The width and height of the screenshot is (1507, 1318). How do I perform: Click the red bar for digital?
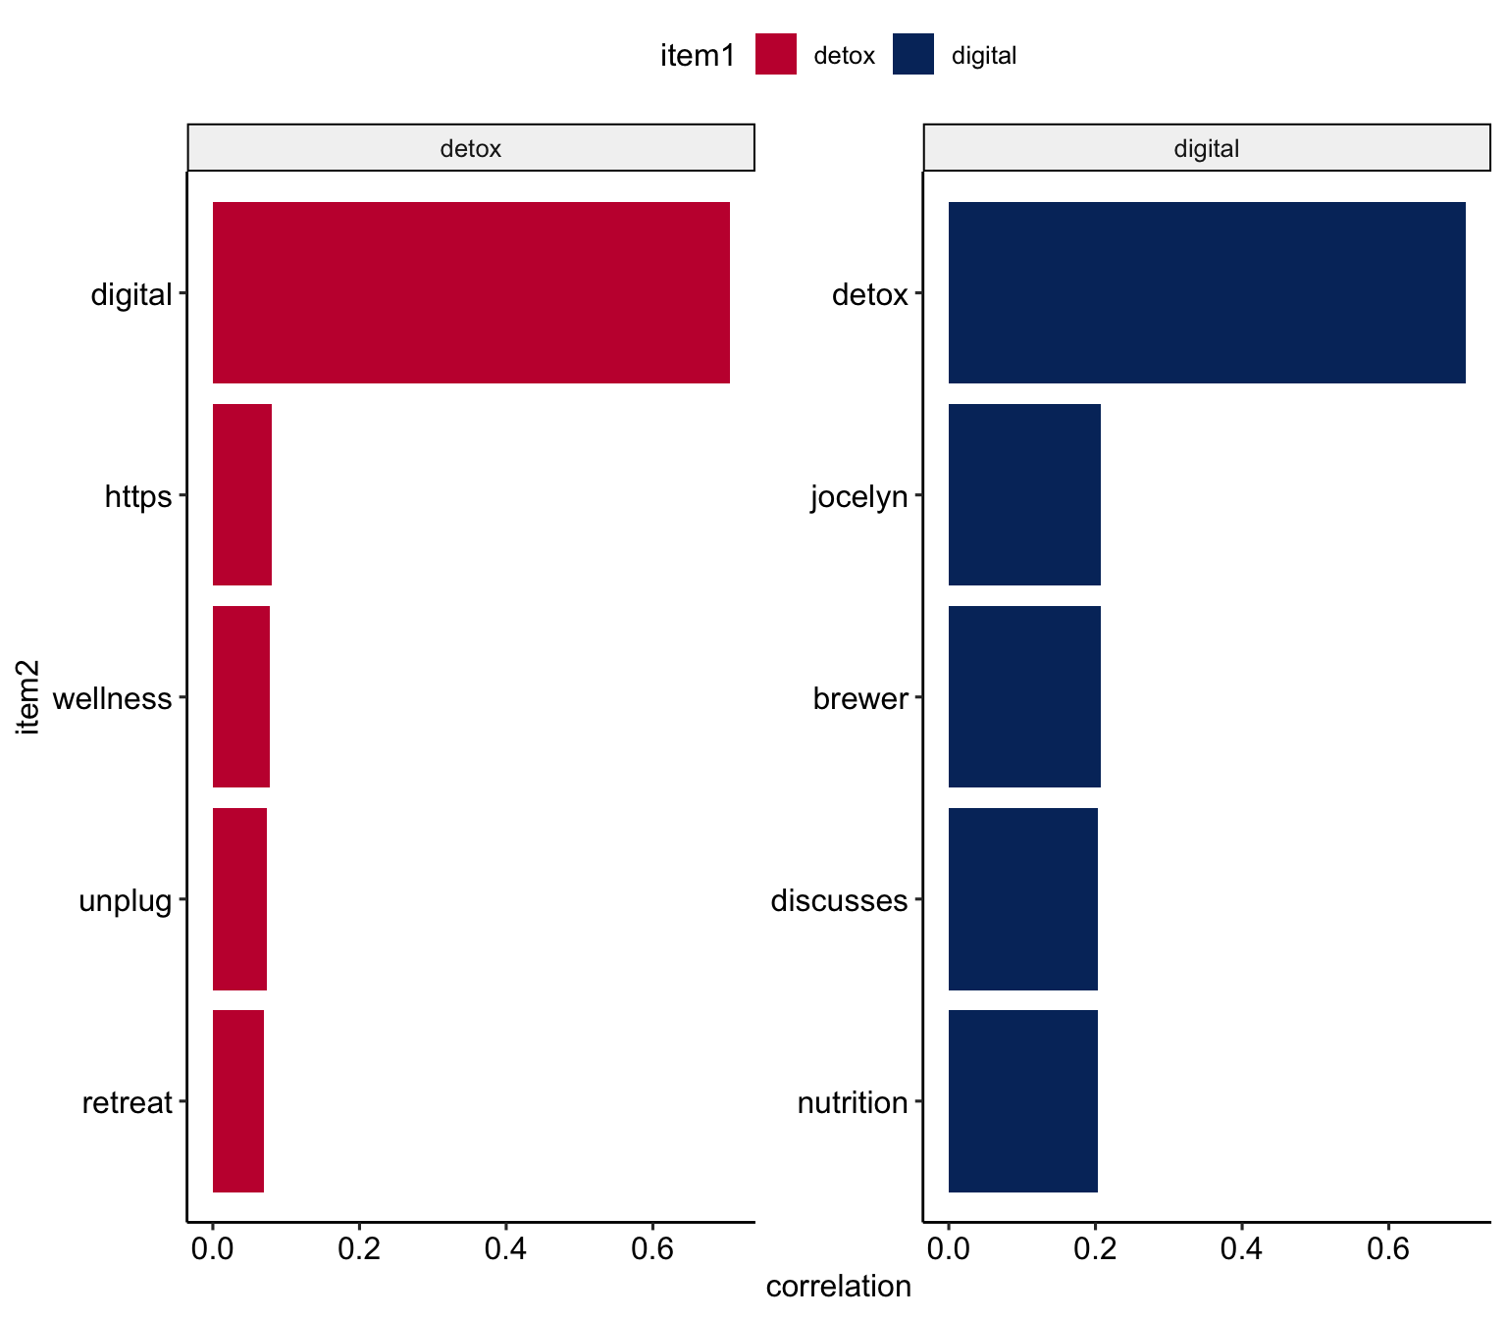pyautogui.click(x=471, y=292)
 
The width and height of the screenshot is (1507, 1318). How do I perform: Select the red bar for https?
pyautogui.click(x=242, y=494)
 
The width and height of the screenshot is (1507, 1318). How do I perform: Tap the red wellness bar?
pyautogui.click(x=241, y=696)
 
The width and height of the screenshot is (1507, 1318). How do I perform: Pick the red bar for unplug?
pyautogui.click(x=239, y=898)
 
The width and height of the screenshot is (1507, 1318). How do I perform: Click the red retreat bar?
pyautogui.click(x=238, y=1100)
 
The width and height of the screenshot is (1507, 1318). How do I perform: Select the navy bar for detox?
pyautogui.click(x=1207, y=292)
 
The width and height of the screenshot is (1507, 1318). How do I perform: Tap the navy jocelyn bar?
pyautogui.click(x=1024, y=494)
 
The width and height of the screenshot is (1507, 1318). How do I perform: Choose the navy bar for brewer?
pyautogui.click(x=1024, y=696)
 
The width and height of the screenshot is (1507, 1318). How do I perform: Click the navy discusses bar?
pyautogui.click(x=1022, y=898)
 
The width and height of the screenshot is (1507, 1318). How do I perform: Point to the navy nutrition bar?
pyautogui.click(x=1022, y=1100)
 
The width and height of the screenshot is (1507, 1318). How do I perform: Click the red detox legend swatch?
pyautogui.click(x=775, y=55)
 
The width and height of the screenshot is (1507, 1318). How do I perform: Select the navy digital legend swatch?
pyautogui.click(x=912, y=55)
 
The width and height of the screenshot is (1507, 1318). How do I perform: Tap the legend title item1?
pyautogui.click(x=698, y=56)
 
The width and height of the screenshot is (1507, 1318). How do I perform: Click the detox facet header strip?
pyautogui.click(x=471, y=148)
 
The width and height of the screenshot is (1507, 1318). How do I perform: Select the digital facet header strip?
pyautogui.click(x=1207, y=148)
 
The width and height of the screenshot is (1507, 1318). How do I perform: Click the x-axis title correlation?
pyautogui.click(x=838, y=1286)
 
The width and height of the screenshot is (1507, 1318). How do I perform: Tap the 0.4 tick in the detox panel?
pyautogui.click(x=505, y=1249)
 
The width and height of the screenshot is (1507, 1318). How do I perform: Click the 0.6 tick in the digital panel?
pyautogui.click(x=1387, y=1249)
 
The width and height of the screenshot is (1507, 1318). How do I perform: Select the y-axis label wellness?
pyautogui.click(x=112, y=698)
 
